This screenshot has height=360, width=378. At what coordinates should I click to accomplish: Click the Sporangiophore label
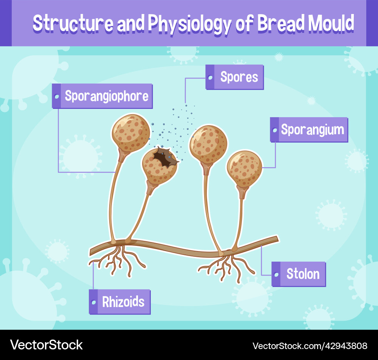click(102, 96)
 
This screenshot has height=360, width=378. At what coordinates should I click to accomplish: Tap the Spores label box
click(234, 77)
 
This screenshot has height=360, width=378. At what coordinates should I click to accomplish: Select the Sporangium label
click(309, 130)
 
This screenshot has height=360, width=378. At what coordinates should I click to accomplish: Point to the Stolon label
click(299, 274)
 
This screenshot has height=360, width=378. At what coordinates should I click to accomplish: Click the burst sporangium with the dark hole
click(160, 166)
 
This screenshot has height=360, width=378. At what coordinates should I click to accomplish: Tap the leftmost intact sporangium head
click(130, 133)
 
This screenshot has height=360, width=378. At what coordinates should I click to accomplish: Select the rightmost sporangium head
click(244, 168)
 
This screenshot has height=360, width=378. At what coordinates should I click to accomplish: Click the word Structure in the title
click(73, 23)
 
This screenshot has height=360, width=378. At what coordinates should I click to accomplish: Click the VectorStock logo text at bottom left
click(46, 344)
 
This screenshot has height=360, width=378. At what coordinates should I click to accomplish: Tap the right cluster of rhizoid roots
click(227, 267)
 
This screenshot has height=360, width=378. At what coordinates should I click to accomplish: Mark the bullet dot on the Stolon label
click(277, 274)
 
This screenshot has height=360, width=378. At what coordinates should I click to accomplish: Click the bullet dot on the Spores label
click(210, 77)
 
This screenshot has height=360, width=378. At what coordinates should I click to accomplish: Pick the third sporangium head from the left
click(208, 144)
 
